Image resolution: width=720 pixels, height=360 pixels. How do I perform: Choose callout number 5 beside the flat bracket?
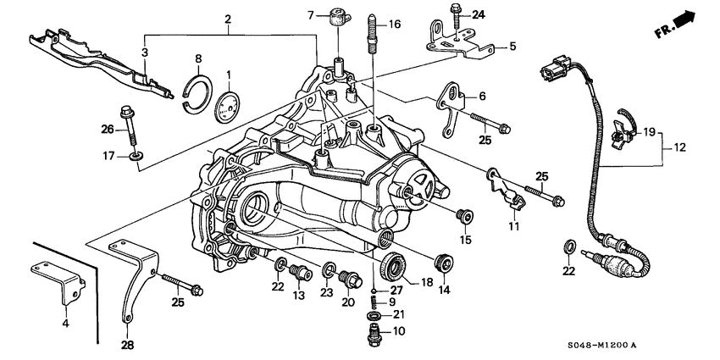[512, 47]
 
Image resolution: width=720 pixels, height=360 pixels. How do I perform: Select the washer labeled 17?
[136, 157]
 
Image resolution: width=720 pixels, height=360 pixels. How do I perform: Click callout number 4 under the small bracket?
[65, 323]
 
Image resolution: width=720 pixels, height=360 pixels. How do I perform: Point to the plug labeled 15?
[462, 214]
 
